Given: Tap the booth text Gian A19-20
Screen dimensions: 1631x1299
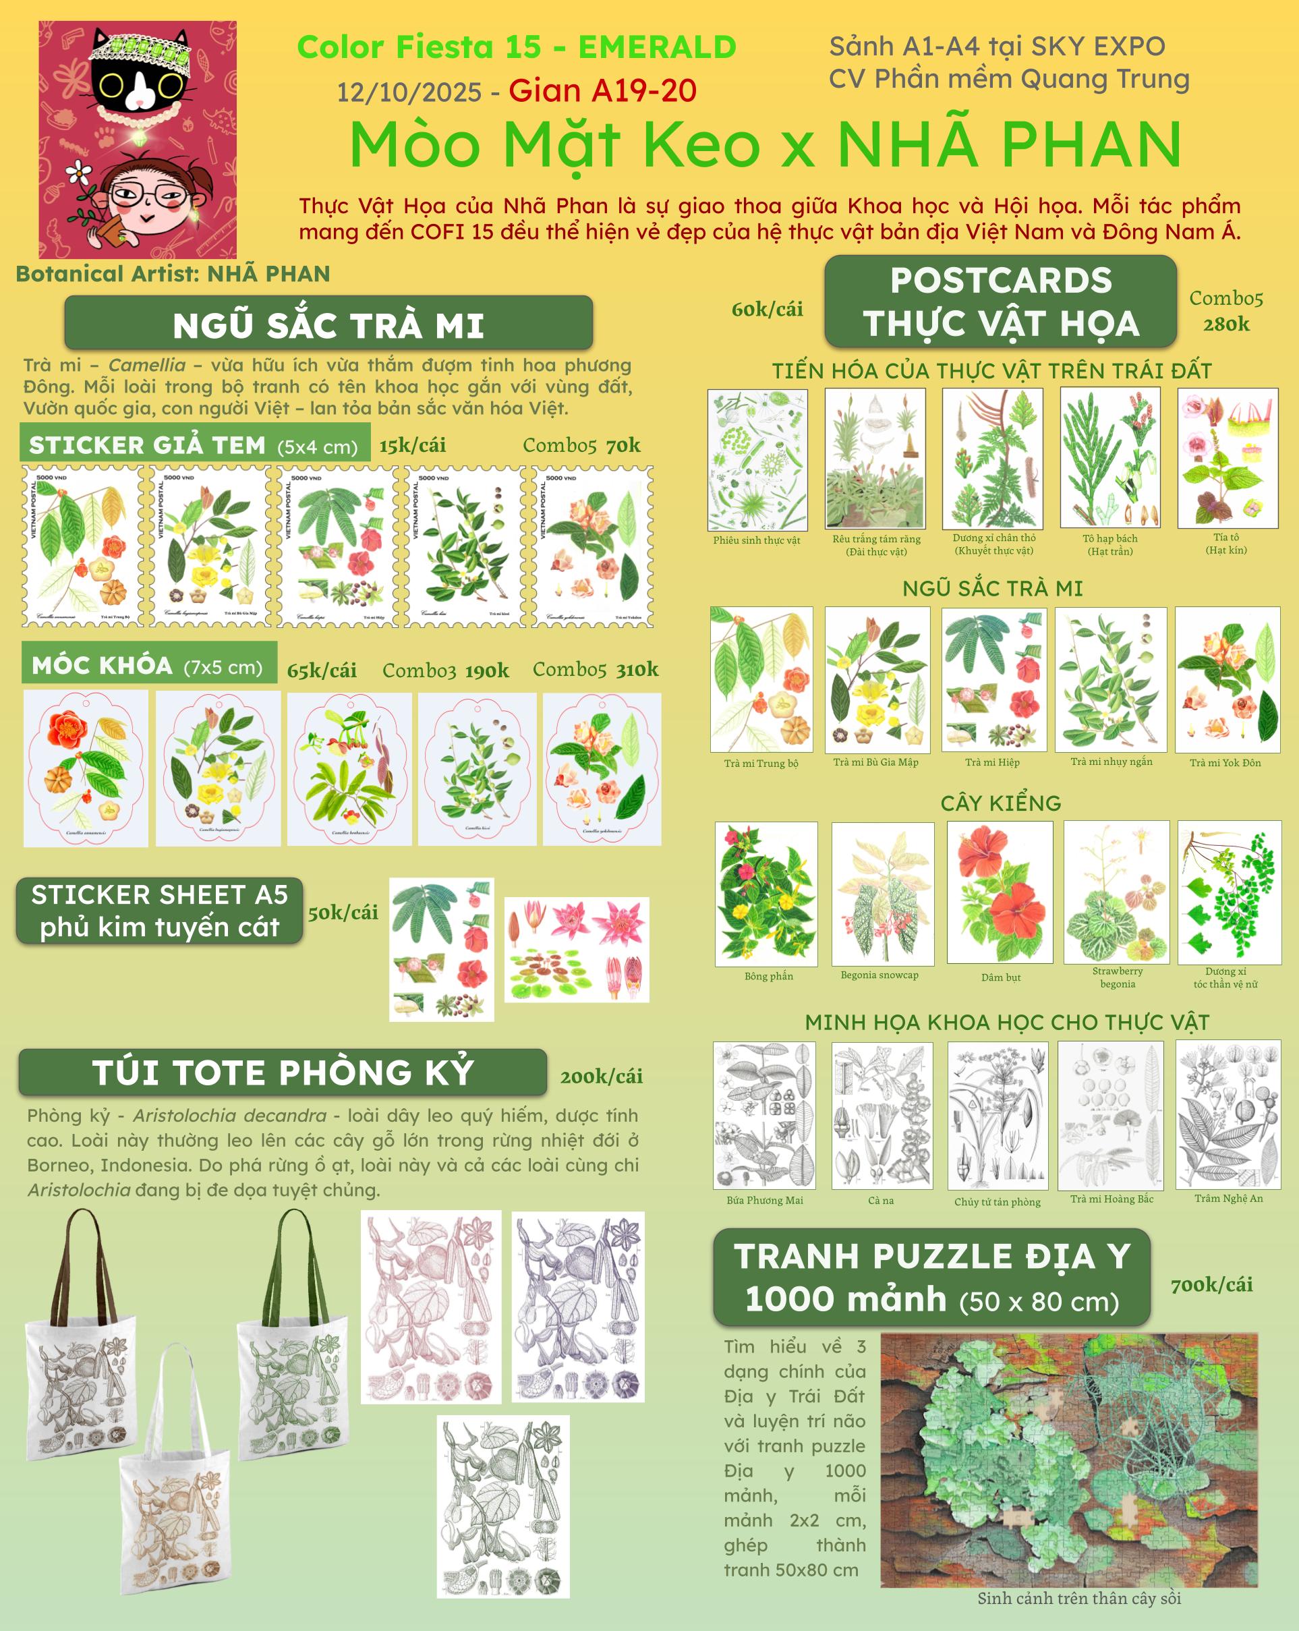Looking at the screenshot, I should [x=602, y=91].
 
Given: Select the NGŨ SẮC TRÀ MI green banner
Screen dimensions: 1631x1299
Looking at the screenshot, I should [x=328, y=324].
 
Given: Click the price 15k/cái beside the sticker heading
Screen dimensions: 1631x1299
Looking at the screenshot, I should [x=412, y=445].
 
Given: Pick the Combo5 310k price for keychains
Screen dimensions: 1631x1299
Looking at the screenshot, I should [x=596, y=670].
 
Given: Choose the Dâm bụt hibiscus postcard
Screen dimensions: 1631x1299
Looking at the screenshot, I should [x=1000, y=892].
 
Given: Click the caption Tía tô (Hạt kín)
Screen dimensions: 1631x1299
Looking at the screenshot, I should [x=1226, y=543].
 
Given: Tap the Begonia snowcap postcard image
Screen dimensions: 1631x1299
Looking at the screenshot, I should [x=882, y=892].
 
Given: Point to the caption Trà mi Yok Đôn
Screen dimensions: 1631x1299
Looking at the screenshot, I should [x=1225, y=762].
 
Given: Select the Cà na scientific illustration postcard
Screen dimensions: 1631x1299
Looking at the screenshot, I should [x=882, y=1115].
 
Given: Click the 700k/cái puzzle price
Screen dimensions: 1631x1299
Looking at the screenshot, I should [x=1211, y=1284].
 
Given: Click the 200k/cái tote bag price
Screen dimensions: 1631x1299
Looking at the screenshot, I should [x=602, y=1076].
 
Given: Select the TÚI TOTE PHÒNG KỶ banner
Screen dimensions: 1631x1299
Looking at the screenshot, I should [x=282, y=1072].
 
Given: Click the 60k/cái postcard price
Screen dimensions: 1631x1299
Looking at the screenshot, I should [x=767, y=309].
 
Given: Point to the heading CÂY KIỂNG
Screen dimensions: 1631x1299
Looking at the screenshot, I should [x=1000, y=803].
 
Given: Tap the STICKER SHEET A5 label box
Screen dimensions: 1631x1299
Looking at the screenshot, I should [x=160, y=911].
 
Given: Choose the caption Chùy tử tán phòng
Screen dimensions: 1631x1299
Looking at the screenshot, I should [x=997, y=1201].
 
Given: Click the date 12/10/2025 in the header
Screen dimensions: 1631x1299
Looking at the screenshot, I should [x=409, y=92].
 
